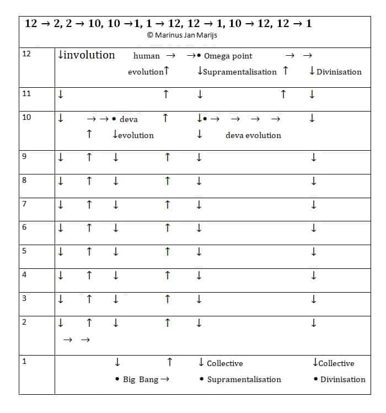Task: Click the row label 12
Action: pos(26,54)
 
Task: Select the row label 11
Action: pos(26,93)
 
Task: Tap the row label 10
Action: pos(26,117)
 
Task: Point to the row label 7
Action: pos(25,204)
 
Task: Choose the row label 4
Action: pos(25,274)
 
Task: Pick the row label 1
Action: pos(24,362)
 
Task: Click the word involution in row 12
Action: pos(89,55)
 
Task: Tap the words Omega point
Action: pos(228,56)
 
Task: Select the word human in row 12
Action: pos(146,56)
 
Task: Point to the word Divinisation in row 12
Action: pos(339,72)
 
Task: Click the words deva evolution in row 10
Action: pos(253,135)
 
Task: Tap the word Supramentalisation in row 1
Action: pos(244,379)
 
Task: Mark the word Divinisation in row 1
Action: pos(342,379)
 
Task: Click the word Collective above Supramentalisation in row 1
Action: pos(224,363)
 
